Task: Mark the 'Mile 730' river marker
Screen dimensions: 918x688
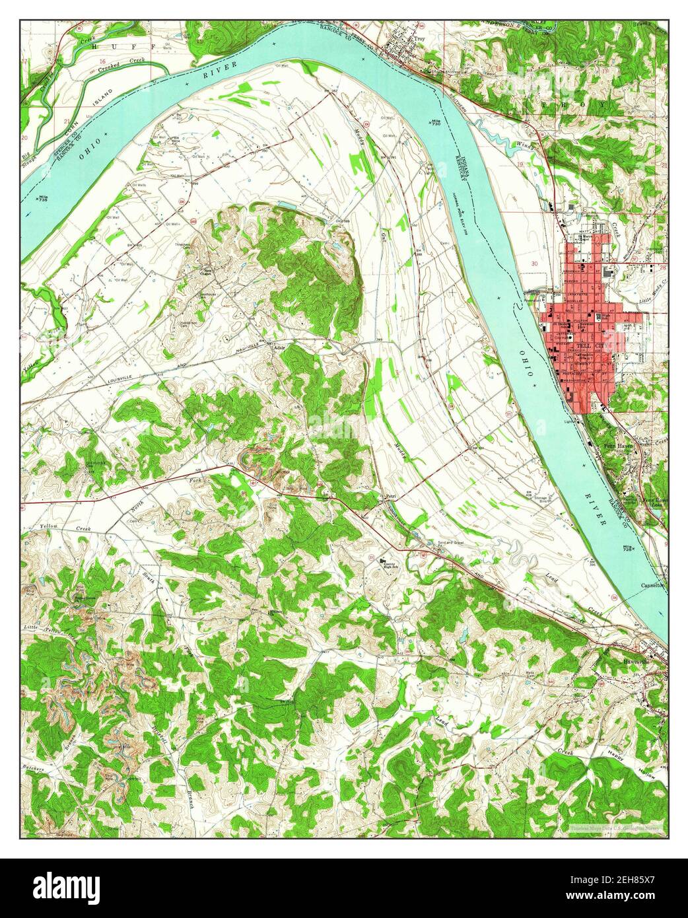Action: [434, 124]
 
